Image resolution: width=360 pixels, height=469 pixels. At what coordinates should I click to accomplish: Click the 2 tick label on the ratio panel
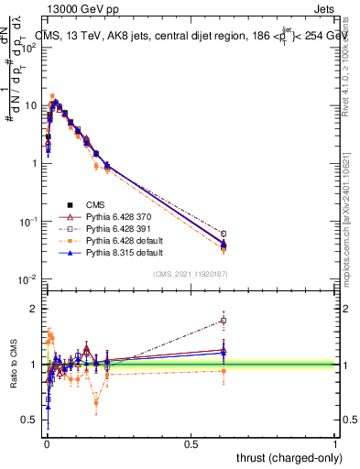[x=36, y=309]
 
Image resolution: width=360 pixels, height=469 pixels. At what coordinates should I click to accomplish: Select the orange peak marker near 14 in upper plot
[x=52, y=96]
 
